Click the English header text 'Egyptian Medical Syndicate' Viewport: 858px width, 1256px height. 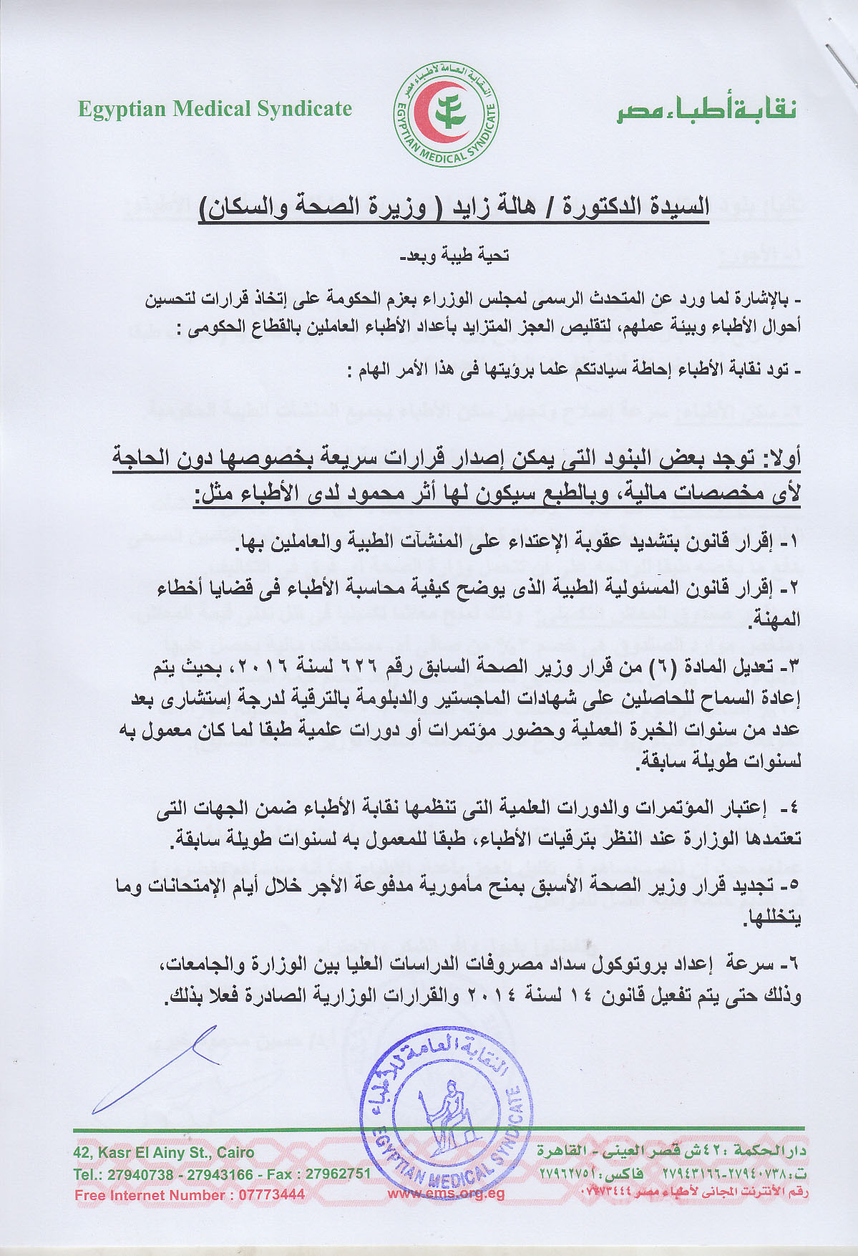point(215,109)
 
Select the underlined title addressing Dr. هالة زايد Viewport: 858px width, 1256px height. point(454,207)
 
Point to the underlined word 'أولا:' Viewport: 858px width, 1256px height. point(776,458)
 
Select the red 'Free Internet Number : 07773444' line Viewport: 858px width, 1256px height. point(190,1194)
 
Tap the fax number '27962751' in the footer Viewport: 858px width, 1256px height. point(338,1174)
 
